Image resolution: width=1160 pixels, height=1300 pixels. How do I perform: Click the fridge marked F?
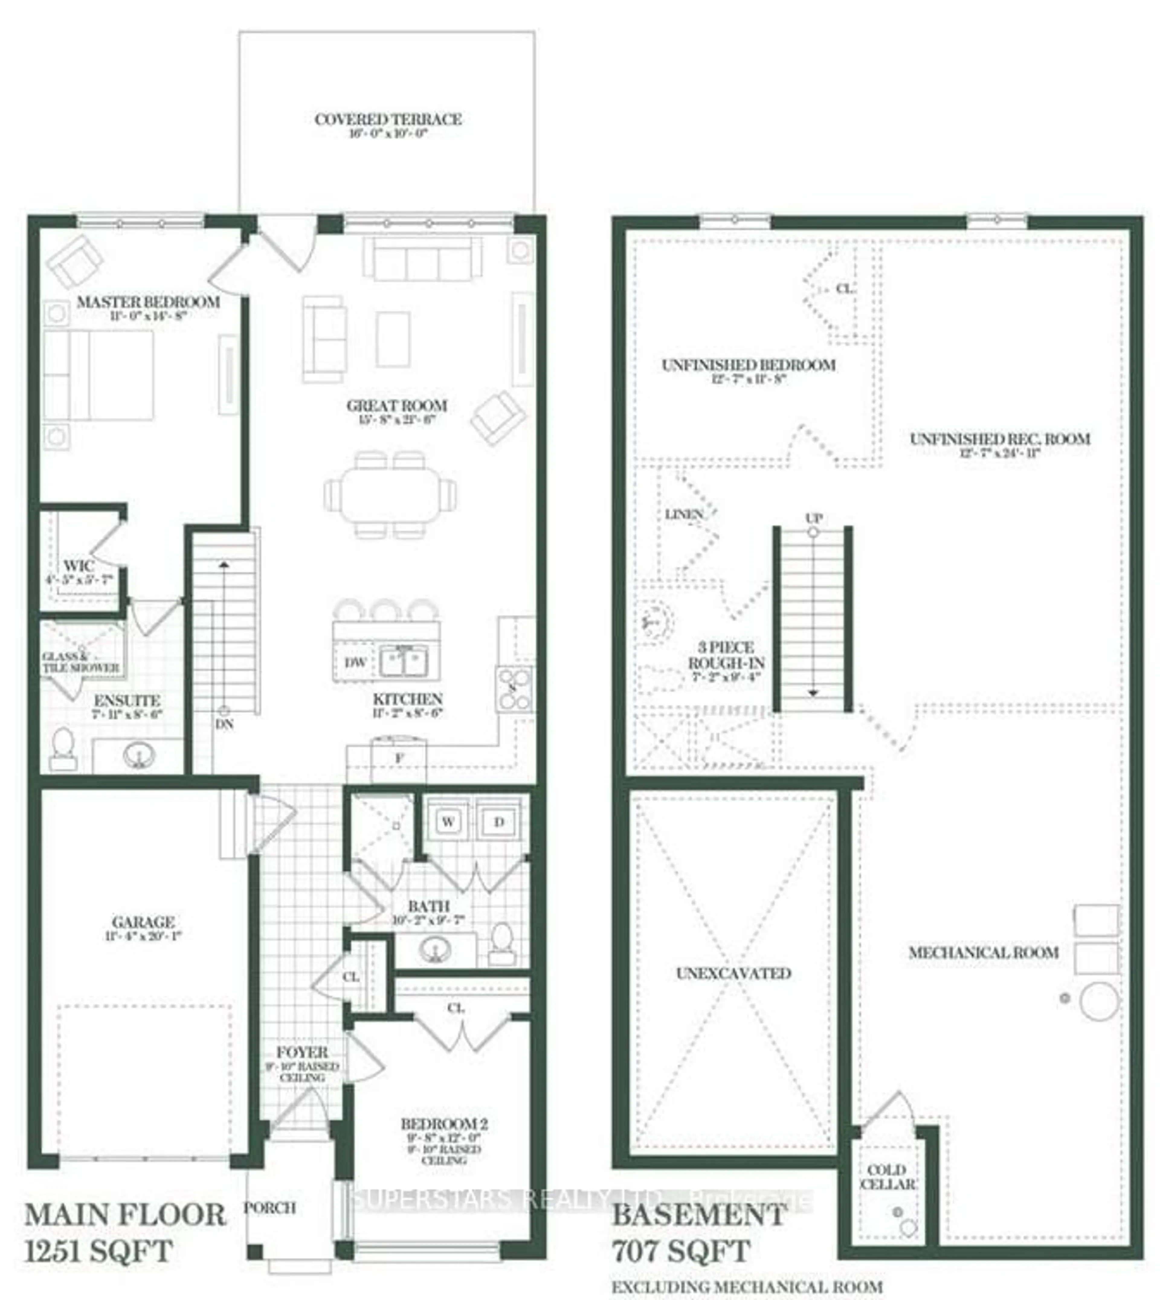pos(399,758)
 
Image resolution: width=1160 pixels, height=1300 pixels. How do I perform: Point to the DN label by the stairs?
pos(224,725)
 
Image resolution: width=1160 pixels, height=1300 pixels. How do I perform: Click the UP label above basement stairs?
pos(813,518)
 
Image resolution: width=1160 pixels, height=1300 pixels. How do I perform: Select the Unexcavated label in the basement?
pos(733,973)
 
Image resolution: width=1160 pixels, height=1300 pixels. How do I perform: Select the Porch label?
pos(270,1208)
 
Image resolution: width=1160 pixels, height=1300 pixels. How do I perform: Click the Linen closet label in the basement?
pos(684,514)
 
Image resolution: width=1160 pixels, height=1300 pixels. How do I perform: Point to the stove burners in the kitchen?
pos(514,689)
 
